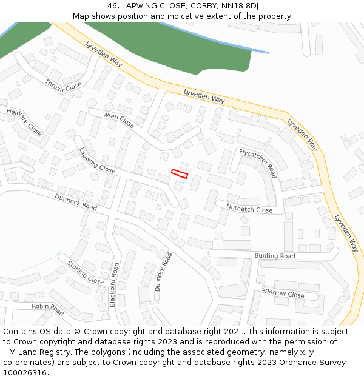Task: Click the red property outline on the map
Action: pos(180,173)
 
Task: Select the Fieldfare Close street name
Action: pos(24,121)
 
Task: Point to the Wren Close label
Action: pos(118,120)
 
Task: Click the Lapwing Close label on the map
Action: pos(96,160)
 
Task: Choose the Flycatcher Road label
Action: pos(258,163)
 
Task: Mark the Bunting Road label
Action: pos(275,256)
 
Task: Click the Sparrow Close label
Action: pos(283,292)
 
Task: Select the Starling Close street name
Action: pos(86,273)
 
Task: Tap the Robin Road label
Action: pos(48,309)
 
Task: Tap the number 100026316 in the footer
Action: pos(26,373)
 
